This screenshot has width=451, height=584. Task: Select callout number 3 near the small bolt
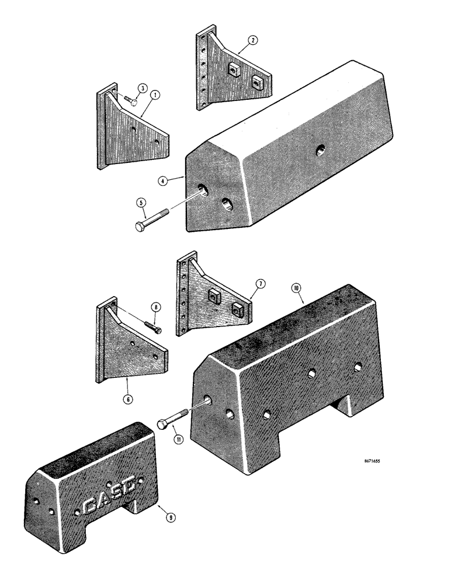pyautogui.click(x=142, y=88)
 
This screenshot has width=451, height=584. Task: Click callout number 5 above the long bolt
pyautogui.click(x=140, y=204)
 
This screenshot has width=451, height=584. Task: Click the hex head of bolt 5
pyautogui.click(x=140, y=227)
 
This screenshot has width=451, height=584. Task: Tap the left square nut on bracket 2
pyautogui.click(x=234, y=71)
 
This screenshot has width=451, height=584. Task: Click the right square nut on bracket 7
pyautogui.click(x=237, y=308)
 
